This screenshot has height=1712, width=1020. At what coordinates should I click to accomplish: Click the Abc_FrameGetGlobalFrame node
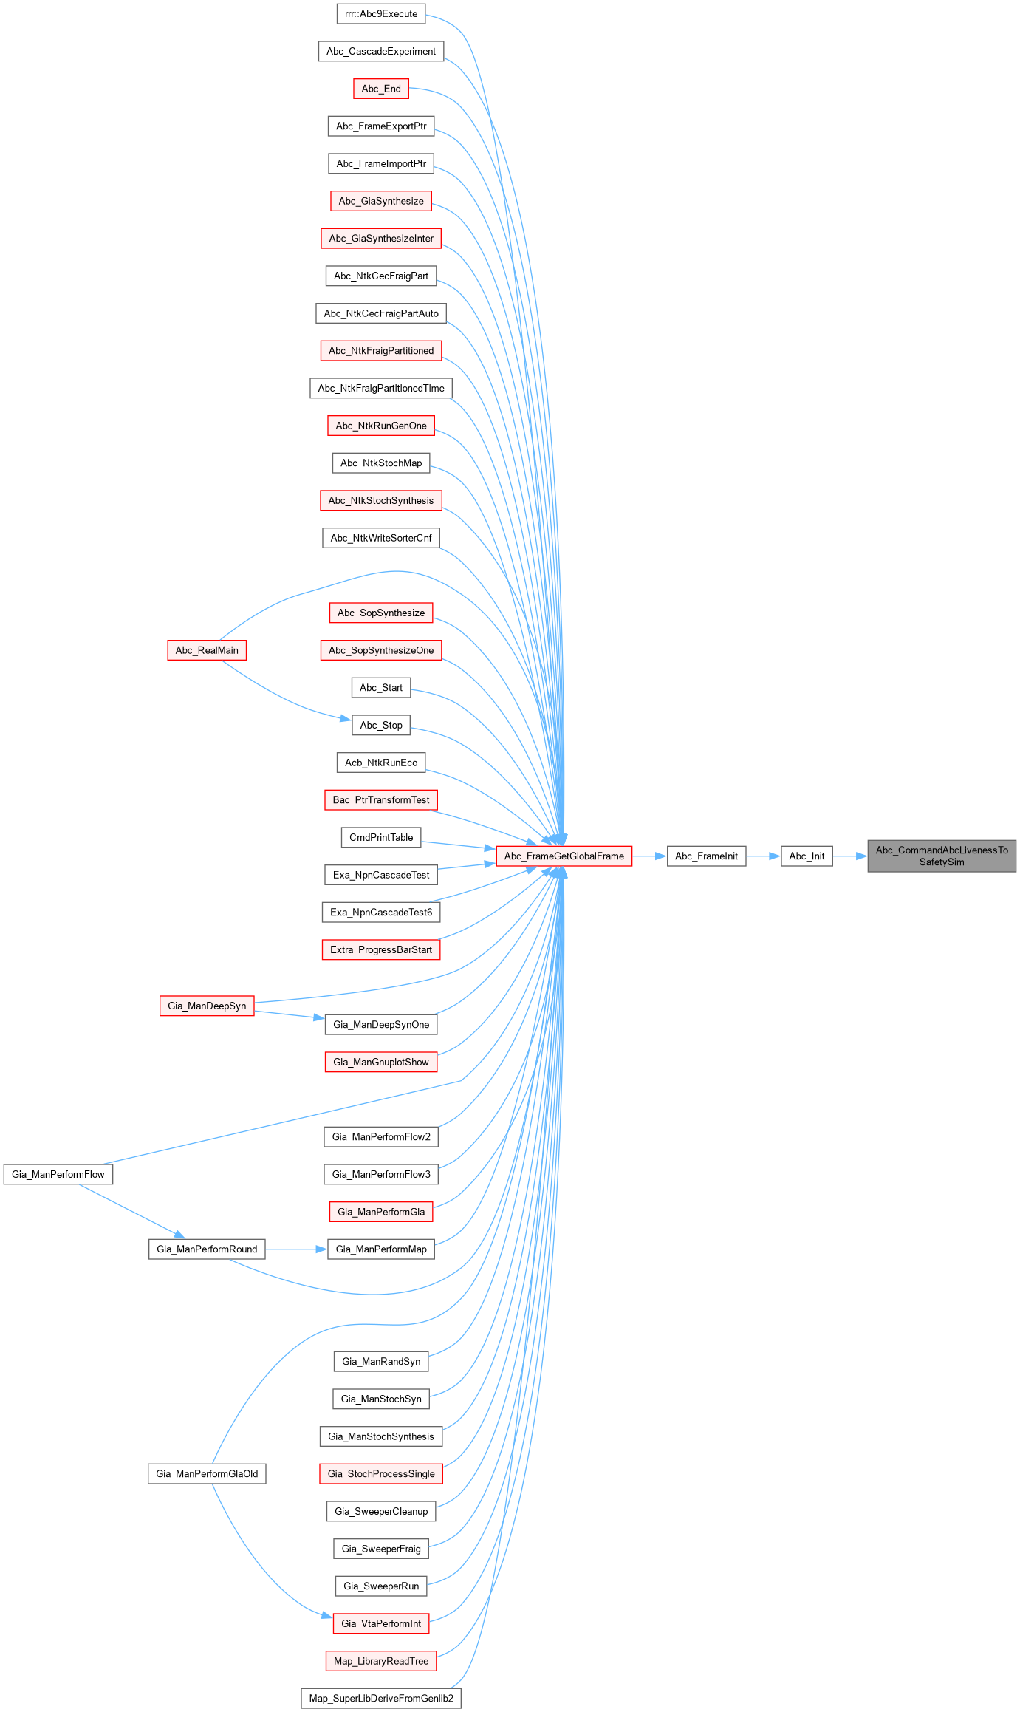564,856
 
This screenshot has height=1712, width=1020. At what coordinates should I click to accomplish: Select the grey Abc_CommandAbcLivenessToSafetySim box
942,856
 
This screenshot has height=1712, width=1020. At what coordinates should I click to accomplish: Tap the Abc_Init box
807,856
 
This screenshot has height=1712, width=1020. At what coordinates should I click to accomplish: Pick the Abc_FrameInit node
706,856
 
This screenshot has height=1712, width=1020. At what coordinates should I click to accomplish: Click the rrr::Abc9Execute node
381,14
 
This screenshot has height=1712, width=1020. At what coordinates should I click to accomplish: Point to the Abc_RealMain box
207,650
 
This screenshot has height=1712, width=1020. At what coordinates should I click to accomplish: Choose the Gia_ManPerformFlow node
58,1174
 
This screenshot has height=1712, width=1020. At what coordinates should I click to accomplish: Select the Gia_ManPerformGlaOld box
207,1473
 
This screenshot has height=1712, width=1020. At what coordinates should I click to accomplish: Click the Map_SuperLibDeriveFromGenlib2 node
381,1698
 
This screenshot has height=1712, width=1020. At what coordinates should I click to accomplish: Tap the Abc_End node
381,89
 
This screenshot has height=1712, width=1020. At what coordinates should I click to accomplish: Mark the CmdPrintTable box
381,837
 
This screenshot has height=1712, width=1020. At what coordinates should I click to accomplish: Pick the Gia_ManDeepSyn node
207,1006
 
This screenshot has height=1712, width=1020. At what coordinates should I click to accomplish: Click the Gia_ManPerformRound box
207,1249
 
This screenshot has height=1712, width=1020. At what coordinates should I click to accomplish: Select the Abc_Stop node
381,725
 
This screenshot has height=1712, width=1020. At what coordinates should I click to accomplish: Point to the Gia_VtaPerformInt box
381,1623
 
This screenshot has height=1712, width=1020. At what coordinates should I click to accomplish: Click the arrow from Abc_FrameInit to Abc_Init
763,856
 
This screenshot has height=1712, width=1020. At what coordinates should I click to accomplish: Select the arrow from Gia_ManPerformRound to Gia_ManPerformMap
295,1249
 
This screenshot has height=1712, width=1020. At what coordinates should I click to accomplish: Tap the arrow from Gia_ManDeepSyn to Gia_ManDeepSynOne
289,1014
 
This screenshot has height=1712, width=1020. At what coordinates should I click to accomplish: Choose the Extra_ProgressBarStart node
381,949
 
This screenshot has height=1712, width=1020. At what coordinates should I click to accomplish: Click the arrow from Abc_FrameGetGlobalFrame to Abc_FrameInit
649,856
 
